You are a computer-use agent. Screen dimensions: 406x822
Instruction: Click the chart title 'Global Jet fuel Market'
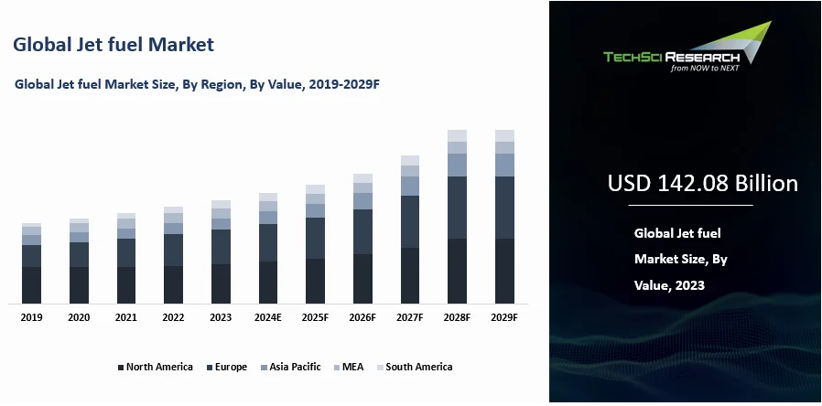coord(114,44)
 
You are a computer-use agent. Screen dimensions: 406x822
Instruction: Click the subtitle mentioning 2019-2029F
coord(197,84)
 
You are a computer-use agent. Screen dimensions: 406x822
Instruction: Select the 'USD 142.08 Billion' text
coord(702,184)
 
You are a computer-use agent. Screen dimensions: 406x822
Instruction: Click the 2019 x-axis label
coord(31,317)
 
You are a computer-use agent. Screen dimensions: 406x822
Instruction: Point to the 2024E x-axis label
coord(268,317)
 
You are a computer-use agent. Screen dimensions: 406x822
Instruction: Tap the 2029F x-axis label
coord(504,317)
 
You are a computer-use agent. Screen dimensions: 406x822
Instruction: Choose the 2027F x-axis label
coord(410,317)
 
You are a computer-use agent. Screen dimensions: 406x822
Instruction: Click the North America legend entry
coord(155,367)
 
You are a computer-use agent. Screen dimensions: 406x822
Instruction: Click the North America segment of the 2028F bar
coord(457,271)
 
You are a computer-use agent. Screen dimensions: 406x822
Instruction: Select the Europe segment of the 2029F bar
coord(504,208)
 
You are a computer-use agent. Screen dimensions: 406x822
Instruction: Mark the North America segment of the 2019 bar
coord(31,284)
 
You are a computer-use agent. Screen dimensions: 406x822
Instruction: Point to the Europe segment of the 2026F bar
coord(362,231)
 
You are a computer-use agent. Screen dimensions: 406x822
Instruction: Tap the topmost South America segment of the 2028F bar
coord(457,135)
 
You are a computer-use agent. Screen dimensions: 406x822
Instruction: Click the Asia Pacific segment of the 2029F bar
coord(504,165)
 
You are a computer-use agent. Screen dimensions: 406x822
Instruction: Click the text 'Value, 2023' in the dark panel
coord(669,285)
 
